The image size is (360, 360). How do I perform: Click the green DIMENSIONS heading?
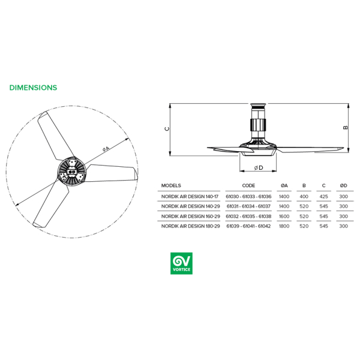tap(33, 88)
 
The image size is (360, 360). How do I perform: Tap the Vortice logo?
tap(181, 263)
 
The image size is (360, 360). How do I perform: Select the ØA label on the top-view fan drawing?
tap(106, 149)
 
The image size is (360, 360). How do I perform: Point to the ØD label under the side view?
tap(259, 168)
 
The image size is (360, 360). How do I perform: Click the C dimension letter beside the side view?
tap(167, 129)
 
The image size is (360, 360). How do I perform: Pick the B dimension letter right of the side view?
tap(346, 127)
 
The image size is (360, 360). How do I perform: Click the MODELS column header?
tap(171, 185)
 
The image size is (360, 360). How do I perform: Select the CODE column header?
tap(248, 185)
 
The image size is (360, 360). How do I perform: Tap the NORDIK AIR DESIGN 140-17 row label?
tap(190, 197)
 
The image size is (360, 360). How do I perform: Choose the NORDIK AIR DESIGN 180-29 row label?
tap(191, 226)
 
